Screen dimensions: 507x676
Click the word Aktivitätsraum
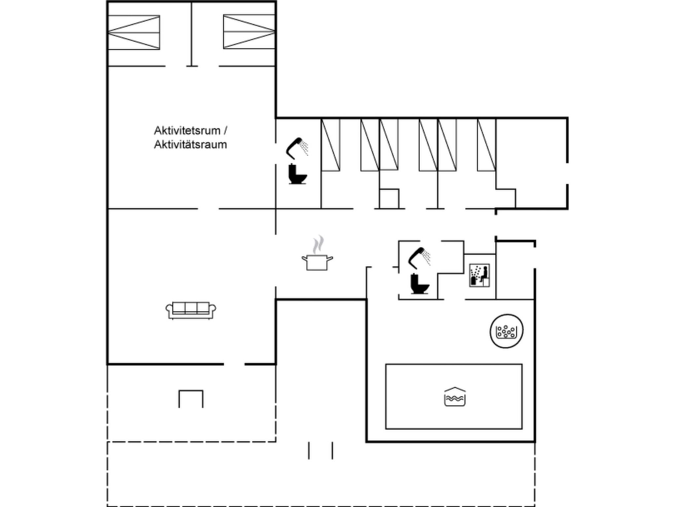tap(190, 145)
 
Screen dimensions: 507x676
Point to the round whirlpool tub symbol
tap(506, 331)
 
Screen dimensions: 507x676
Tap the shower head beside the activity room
tap(297, 148)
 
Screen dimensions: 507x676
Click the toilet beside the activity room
tap(297, 174)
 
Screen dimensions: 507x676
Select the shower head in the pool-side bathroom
tap(419, 257)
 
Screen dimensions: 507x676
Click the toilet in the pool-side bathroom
tap(419, 284)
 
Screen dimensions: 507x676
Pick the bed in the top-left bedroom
tap(134, 33)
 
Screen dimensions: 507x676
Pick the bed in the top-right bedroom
tap(249, 32)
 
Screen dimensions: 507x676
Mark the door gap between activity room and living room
tap(208, 209)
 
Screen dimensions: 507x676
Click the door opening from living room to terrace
tap(234, 364)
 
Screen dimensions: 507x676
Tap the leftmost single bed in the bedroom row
tap(330, 145)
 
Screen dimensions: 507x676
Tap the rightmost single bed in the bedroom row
tap(486, 145)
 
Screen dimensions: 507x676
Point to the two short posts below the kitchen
tap(321, 451)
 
